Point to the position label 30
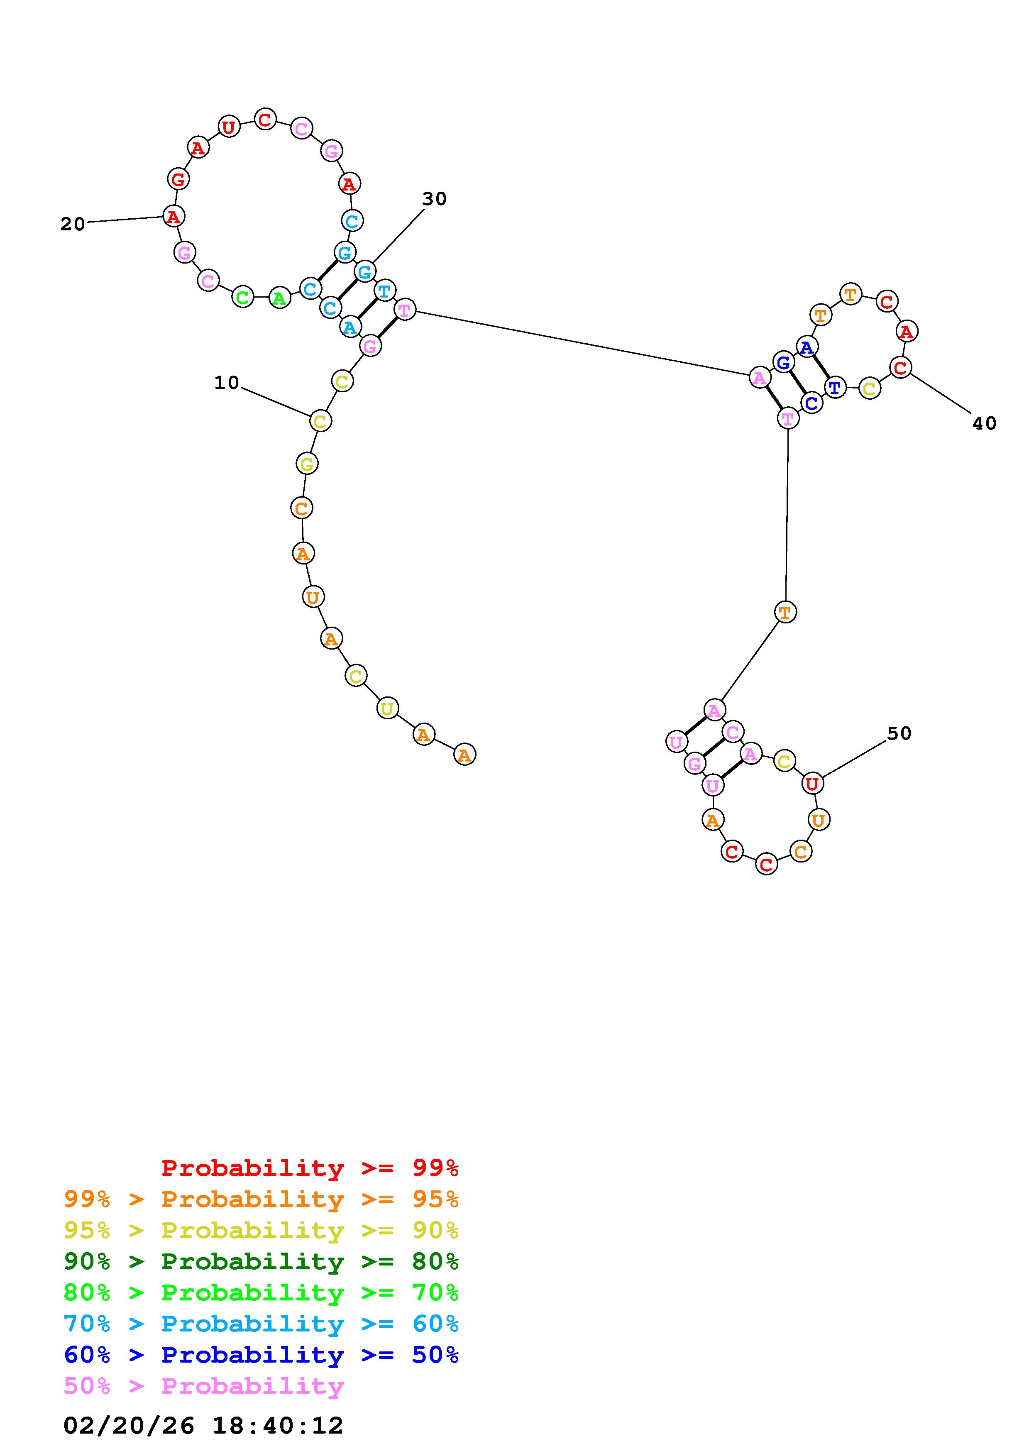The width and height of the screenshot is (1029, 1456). click(434, 199)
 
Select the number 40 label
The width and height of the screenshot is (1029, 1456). click(984, 424)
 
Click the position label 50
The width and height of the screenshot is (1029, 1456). click(898, 734)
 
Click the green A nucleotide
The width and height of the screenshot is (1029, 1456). click(279, 298)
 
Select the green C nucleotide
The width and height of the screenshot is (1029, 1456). click(242, 297)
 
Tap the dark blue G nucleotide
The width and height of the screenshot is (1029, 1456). click(784, 363)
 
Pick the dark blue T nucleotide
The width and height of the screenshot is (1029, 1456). click(835, 388)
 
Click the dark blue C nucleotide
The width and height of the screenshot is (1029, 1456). click(811, 403)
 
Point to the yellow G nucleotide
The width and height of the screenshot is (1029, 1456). click(307, 464)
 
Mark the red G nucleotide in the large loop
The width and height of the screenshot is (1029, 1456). click(178, 179)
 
